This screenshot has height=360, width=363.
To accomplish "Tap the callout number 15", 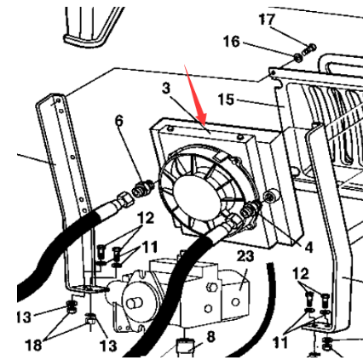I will (226, 100).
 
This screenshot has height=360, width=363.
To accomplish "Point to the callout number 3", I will (166, 88).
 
